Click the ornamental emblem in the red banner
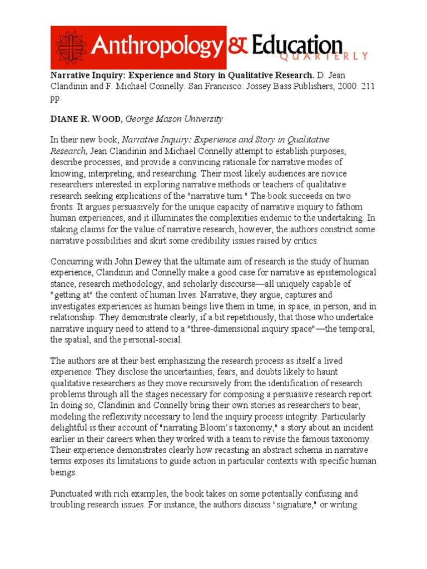pos(69,48)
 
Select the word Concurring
pos(74,262)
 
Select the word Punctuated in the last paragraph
pos(73,493)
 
